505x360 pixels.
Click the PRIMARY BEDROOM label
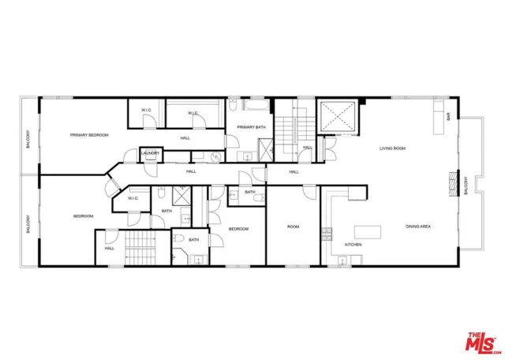point(88,135)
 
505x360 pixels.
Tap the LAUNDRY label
point(151,153)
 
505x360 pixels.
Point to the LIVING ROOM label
point(392,148)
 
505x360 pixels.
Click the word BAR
point(449,116)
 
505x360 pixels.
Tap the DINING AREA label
point(417,227)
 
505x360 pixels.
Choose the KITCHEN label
point(353,245)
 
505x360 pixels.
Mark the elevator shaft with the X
point(338,118)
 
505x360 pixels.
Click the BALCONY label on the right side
point(466,186)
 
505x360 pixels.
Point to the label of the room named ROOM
point(293,227)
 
